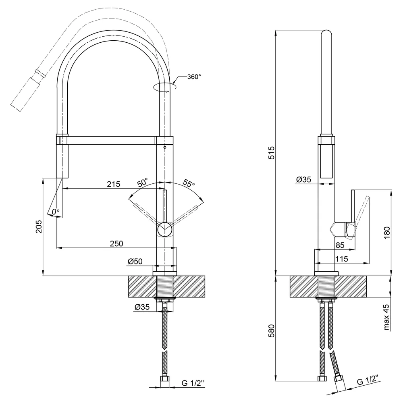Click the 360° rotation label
coord(194,77)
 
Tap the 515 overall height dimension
coord(271,152)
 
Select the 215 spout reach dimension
coord(114,184)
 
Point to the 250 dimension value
coord(116,243)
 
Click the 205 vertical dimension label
coord(39,226)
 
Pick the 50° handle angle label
coord(143,182)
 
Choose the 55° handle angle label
coord(189,183)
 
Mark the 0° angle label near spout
coord(56,212)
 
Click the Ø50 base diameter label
coord(135,262)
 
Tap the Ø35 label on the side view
coord(303,179)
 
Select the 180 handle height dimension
coord(386,233)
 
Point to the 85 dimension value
coord(340,245)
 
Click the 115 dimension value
coord(342,259)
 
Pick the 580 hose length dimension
coord(271,331)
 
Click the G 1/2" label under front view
coord(193,383)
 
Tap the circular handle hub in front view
coord(165,230)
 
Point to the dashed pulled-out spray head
coord(26,94)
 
